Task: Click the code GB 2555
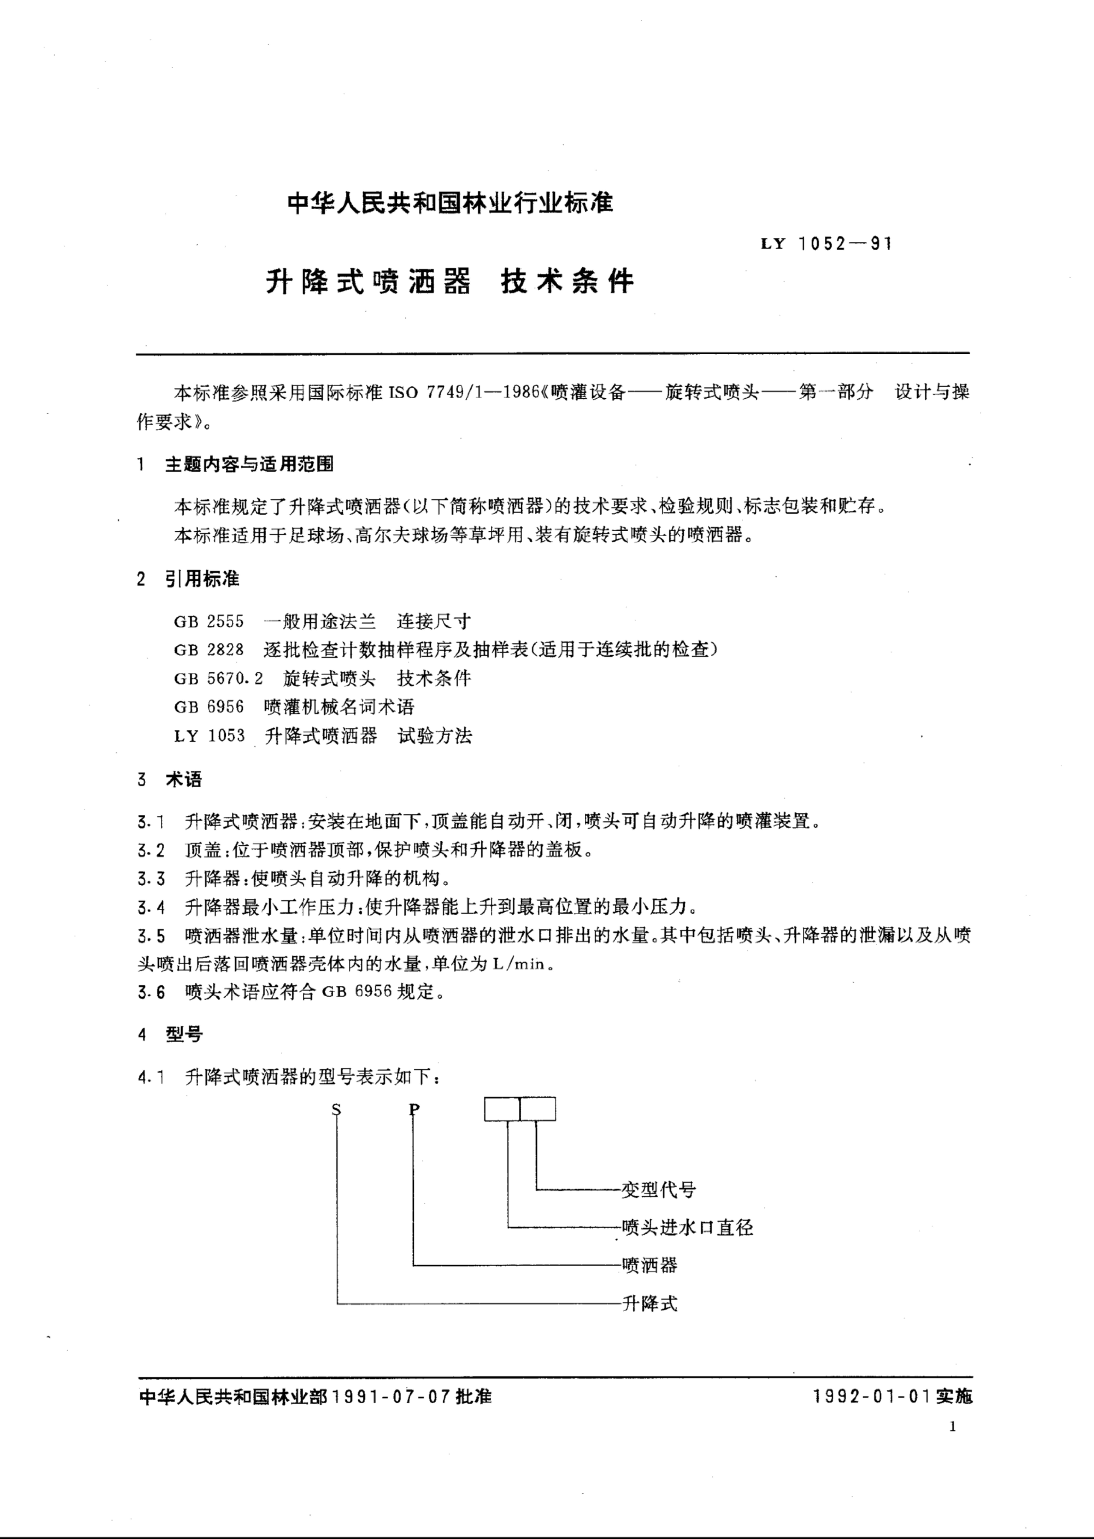[x=209, y=621]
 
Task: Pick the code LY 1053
[x=209, y=736]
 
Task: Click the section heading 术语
[x=183, y=780]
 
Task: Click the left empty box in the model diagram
[x=502, y=1109]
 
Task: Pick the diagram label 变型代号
[x=658, y=1190]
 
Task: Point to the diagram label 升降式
[x=649, y=1303]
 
